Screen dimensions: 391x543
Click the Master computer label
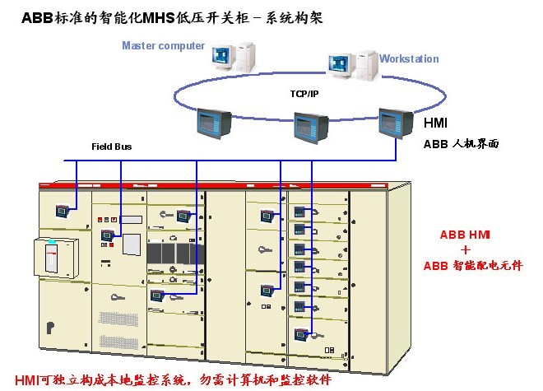coord(163,45)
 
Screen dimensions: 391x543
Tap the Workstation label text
coord(409,59)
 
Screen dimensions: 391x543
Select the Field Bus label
coord(111,147)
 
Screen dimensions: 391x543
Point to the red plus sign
coord(465,249)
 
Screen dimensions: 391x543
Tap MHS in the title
coord(170,16)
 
